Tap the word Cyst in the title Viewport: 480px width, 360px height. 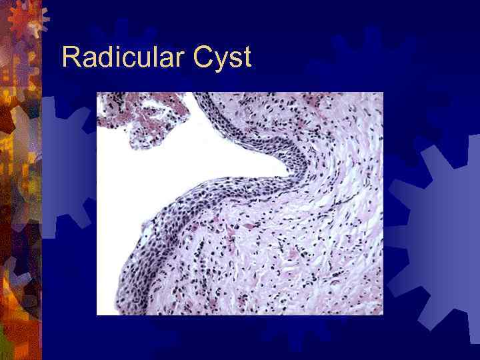(222, 59)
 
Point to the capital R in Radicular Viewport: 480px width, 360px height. (69, 58)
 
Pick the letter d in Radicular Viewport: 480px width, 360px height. (100, 58)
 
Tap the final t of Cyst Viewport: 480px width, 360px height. (247, 59)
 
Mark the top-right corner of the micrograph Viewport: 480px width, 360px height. (383, 93)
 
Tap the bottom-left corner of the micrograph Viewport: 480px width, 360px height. (97, 314)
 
